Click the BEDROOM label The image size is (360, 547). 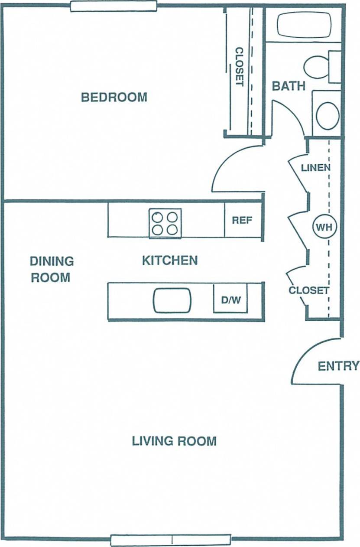114,97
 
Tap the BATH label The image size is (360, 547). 289,86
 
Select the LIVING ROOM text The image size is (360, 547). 174,441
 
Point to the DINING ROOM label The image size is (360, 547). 51,269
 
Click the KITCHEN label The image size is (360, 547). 170,260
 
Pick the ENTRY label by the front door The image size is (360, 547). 338,366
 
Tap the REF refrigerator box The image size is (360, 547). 242,220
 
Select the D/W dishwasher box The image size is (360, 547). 230,299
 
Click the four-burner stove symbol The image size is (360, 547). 165,223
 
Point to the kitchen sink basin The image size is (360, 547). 172,300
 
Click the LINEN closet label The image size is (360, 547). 316,167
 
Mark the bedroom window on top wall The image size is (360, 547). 114,6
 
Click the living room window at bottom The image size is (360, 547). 171,540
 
